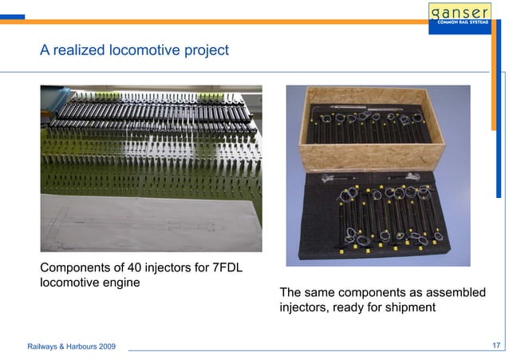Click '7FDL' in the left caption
[239, 267]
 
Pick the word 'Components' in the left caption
[77, 267]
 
